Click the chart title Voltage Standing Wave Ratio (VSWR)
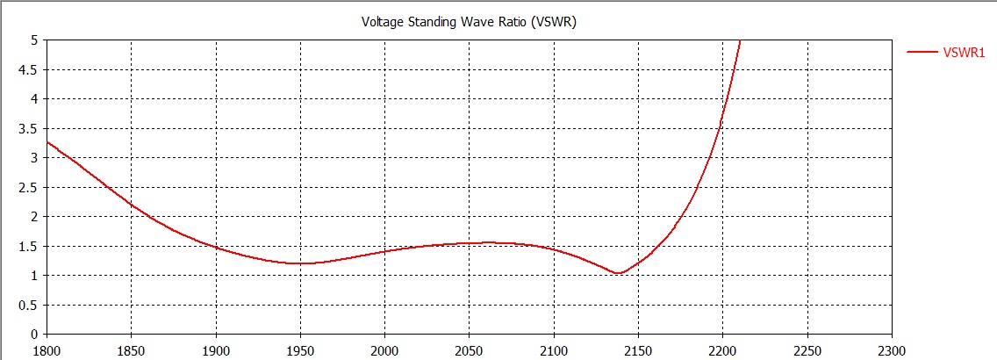pyautogui.click(x=469, y=22)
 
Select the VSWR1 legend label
pyautogui.click(x=964, y=53)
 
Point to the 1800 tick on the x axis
pyautogui.click(x=46, y=349)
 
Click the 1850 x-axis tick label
pyautogui.click(x=130, y=349)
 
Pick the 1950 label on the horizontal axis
pyautogui.click(x=299, y=349)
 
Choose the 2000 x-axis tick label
pyautogui.click(x=384, y=349)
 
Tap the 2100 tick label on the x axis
pyautogui.click(x=553, y=349)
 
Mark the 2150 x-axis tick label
pyautogui.click(x=637, y=349)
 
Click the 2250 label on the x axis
pyautogui.click(x=807, y=349)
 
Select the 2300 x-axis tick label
pyautogui.click(x=891, y=349)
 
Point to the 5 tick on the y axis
pyautogui.click(x=32, y=40)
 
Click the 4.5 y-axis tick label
pyautogui.click(x=28, y=69)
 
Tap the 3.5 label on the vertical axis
pyautogui.click(x=28, y=128)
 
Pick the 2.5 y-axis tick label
pyautogui.click(x=28, y=187)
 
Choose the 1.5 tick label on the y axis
pyautogui.click(x=28, y=246)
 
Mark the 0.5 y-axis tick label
pyautogui.click(x=28, y=305)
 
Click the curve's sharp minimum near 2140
pyautogui.click(x=618, y=273)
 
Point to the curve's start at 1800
pyautogui.click(x=47, y=141)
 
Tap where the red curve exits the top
pyautogui.click(x=740, y=40)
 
